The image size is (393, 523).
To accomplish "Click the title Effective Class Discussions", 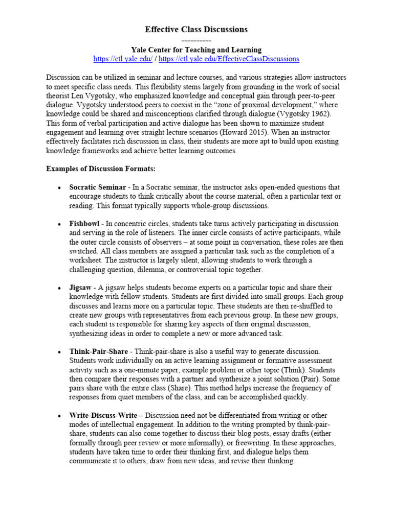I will [x=196, y=30].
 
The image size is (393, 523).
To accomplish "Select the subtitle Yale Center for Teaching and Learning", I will [x=196, y=50].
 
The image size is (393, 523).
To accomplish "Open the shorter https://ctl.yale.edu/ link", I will [x=123, y=59].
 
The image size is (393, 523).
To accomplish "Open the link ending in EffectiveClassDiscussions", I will [x=229, y=59].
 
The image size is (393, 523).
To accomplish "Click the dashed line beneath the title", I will [x=196, y=40].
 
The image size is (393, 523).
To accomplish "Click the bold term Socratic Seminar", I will [x=98, y=187].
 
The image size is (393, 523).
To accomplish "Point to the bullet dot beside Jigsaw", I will [x=60, y=288].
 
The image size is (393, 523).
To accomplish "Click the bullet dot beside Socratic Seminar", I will [x=60, y=188].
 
